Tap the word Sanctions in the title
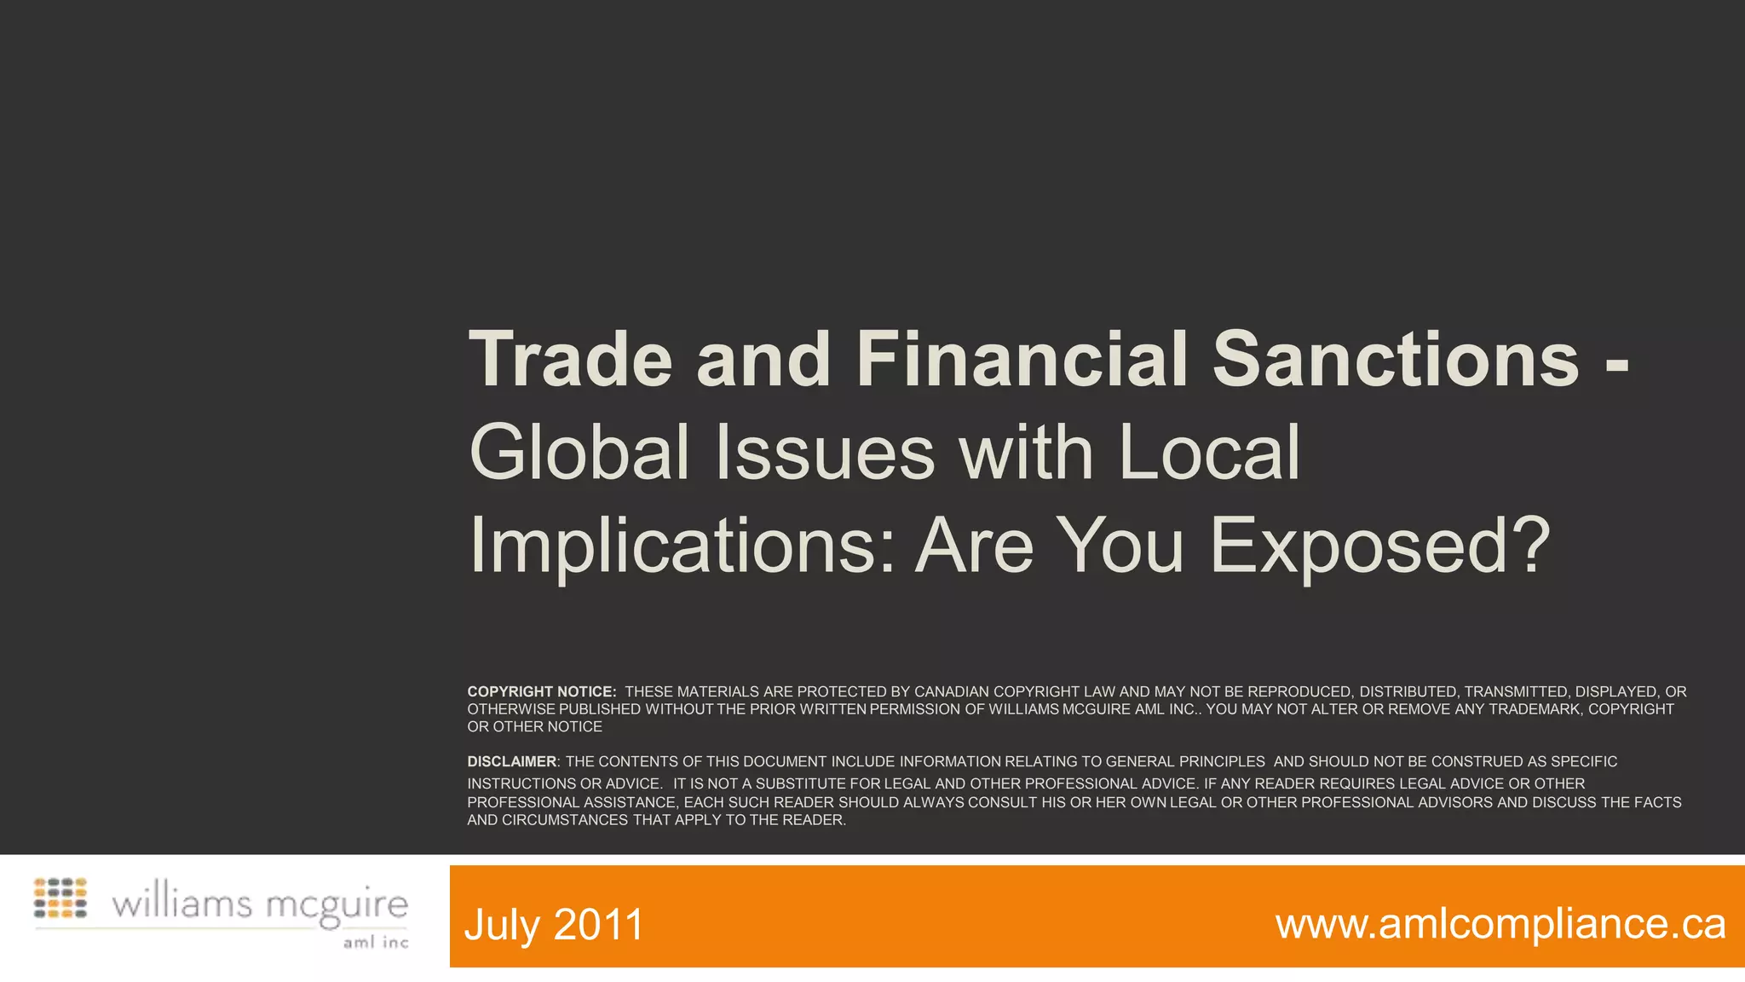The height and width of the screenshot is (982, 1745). (1395, 360)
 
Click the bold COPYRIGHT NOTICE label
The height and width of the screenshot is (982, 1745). (541, 691)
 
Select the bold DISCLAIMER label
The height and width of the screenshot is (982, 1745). (511, 761)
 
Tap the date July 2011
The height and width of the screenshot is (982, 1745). (554, 924)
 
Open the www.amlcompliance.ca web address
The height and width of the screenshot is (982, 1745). (1500, 923)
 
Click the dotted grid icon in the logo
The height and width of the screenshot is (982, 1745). (60, 898)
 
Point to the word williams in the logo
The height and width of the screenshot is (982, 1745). (181, 903)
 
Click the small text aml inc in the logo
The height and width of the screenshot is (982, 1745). (376, 942)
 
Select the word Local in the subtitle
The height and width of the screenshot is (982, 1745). (1209, 453)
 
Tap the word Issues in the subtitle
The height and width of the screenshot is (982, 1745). (825, 453)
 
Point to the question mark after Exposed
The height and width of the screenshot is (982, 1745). (1531, 546)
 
